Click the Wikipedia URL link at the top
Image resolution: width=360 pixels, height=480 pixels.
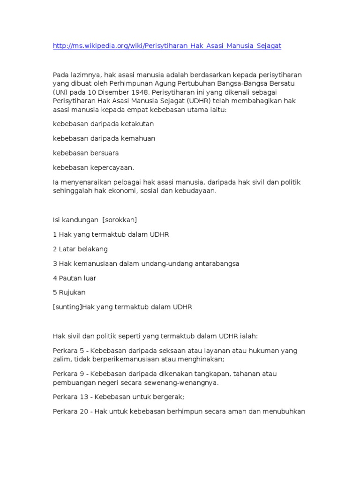pos(167,46)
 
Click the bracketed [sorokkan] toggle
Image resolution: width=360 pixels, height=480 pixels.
pos(120,220)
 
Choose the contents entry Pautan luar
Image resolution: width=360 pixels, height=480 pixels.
pos(77,278)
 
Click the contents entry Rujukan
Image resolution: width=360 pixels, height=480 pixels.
pos(72,292)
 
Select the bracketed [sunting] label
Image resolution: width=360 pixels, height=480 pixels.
pos(67,307)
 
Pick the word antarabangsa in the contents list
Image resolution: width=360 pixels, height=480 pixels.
pos(217,263)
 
